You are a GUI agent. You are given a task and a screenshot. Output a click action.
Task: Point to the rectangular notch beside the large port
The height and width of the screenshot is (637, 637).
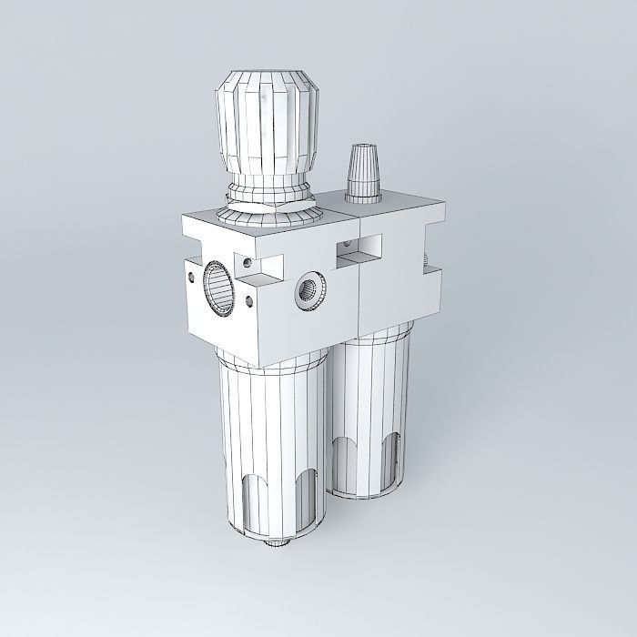pos(252,266)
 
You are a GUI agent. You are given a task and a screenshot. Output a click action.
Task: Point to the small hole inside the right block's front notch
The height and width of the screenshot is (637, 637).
pos(346,246)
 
